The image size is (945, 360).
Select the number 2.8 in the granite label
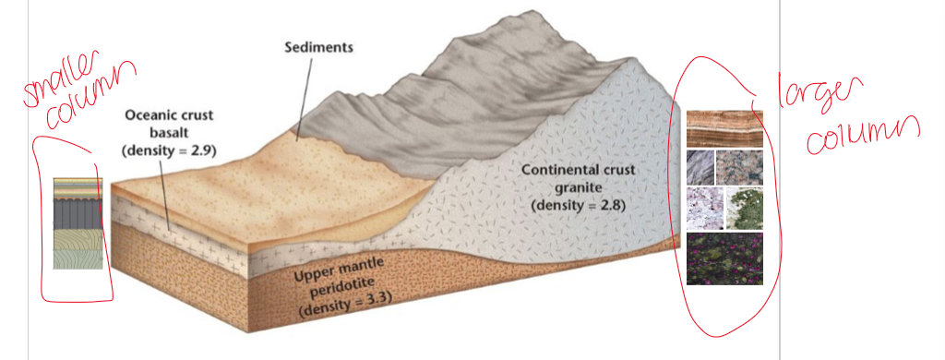point(606,205)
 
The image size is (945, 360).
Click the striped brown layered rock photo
point(724,128)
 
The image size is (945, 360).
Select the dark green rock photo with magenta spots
point(724,258)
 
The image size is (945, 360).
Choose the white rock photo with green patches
point(745,208)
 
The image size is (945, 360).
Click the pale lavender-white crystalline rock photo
point(704,208)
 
